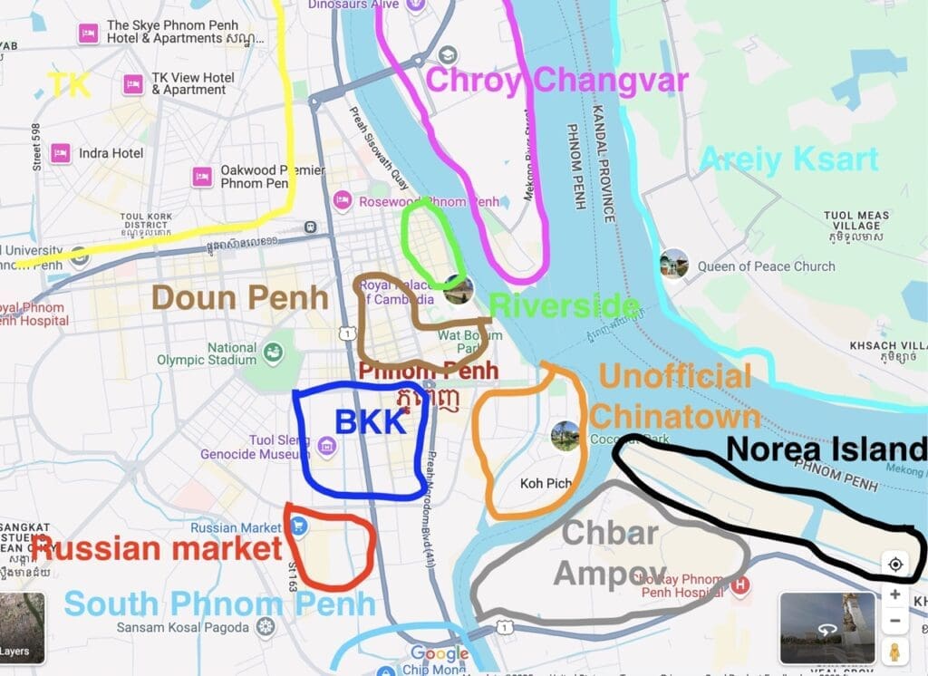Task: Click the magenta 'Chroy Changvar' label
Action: click(556, 80)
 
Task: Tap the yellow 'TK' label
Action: click(70, 85)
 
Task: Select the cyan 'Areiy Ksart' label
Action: click(788, 159)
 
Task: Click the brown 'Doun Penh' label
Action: click(239, 297)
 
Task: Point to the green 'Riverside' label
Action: click(564, 306)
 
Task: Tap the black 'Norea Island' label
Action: click(826, 449)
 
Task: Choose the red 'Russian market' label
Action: click(157, 548)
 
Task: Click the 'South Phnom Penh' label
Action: click(219, 604)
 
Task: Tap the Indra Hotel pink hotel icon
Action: click(62, 152)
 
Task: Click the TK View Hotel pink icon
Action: click(133, 83)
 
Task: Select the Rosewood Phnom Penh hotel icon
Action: click(342, 200)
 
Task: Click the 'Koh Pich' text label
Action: click(546, 484)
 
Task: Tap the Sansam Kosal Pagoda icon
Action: click(265, 627)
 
